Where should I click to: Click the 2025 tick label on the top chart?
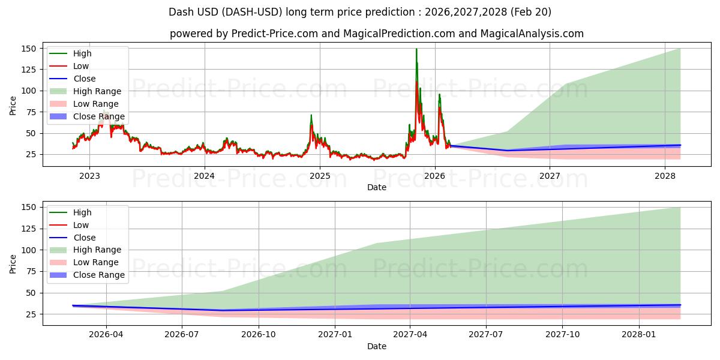320,176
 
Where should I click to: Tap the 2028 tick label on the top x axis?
665,176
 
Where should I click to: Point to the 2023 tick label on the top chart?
89,176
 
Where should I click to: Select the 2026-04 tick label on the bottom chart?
106,335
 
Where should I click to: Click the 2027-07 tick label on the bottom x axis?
485,335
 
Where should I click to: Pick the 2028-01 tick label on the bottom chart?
639,335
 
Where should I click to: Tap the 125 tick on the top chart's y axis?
28,70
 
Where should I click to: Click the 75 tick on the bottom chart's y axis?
31,272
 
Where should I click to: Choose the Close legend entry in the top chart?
73,79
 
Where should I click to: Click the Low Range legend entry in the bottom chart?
84,262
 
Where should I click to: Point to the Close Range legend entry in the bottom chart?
87,275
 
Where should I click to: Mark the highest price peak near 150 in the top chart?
416,49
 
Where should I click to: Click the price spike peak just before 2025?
311,115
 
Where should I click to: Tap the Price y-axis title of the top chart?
13,106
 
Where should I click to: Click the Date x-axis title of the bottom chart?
377,346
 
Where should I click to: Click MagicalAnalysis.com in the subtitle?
532,34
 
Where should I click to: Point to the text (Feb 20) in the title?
530,12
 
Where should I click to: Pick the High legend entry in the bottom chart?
70,212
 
